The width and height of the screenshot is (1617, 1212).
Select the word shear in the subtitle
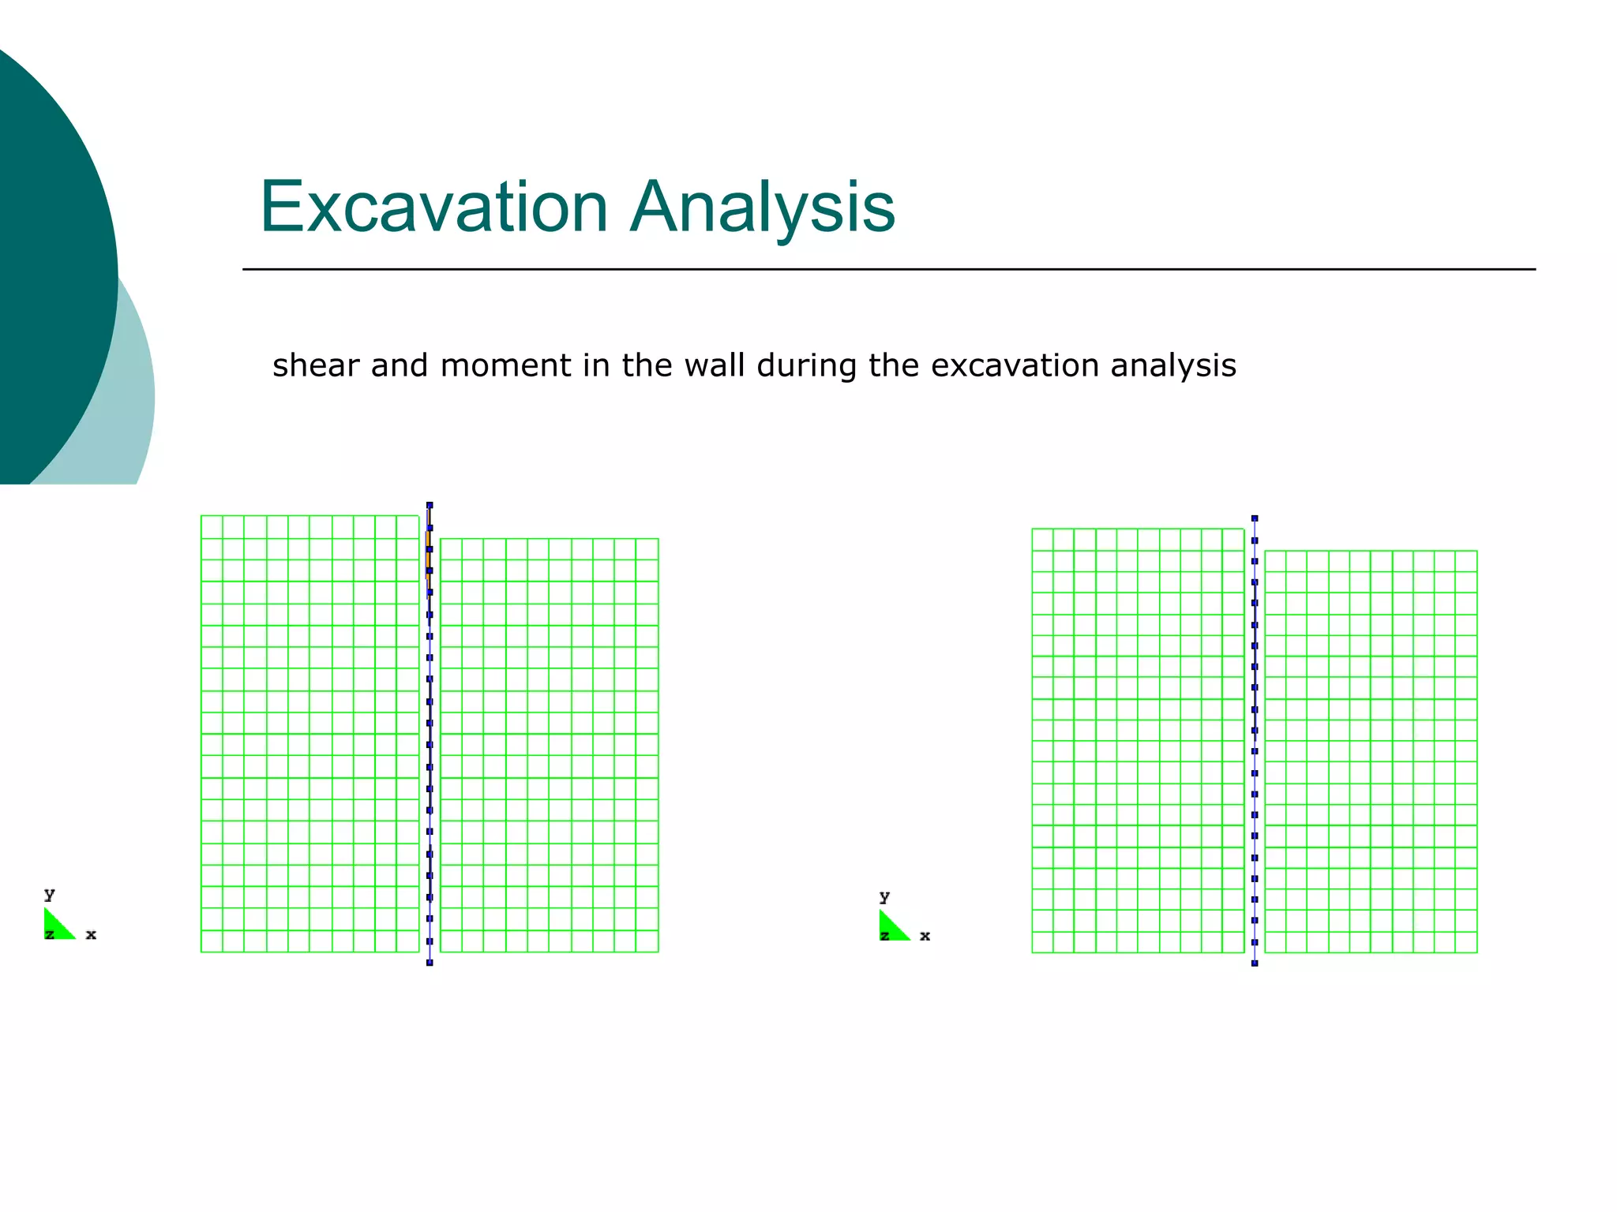[317, 366]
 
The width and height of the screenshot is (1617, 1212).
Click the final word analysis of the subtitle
[1173, 366]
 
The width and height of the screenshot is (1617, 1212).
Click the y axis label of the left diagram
[50, 894]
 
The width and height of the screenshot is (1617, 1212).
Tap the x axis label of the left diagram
[91, 935]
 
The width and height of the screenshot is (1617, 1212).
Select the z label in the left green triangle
[49, 935]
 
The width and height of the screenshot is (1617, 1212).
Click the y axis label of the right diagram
[884, 896]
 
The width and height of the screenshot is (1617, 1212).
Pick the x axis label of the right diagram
[925, 937]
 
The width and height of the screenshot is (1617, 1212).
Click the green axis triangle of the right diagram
[891, 928]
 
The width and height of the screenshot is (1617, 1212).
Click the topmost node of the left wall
[430, 505]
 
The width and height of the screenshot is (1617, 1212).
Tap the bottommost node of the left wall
[430, 963]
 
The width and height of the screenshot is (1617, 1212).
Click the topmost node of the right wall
[1255, 518]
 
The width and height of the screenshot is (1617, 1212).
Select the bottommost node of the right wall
[1255, 963]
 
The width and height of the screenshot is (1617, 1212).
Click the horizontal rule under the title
[888, 269]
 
